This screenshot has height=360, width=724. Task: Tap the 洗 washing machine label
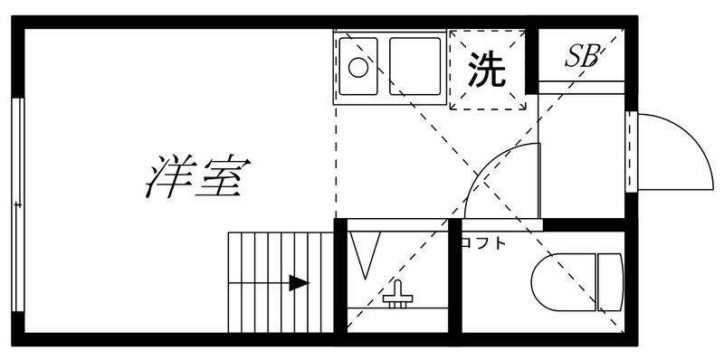(486, 71)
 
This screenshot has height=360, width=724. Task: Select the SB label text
(583, 57)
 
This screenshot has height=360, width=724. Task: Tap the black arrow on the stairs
(298, 283)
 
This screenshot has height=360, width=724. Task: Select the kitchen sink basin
(414, 65)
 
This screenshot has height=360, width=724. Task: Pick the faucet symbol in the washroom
(395, 294)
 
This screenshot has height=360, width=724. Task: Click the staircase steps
(271, 282)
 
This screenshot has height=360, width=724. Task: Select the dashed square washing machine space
(487, 71)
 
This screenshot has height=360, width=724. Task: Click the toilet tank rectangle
(611, 281)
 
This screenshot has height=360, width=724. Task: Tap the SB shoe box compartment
(582, 56)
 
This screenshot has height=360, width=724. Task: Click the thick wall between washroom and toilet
(456, 280)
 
